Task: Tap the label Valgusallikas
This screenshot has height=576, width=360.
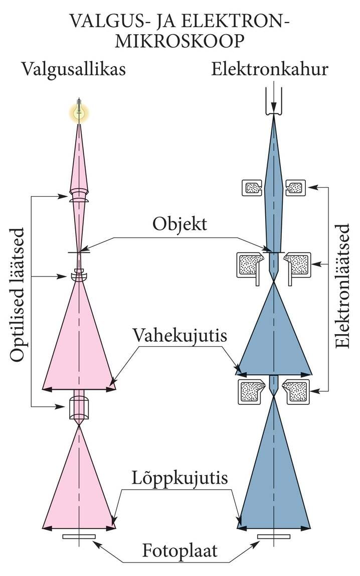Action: pos(73,69)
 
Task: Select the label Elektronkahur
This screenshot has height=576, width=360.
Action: pos(269,69)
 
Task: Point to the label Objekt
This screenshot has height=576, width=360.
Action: pos(179,223)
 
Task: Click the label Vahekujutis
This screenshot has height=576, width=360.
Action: pos(179,335)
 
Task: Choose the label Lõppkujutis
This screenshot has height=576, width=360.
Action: pos(179,478)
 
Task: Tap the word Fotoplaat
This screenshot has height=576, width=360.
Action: pos(179,550)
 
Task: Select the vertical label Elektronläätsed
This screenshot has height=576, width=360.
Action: pos(343,286)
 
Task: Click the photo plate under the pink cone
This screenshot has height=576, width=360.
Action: pos(79,537)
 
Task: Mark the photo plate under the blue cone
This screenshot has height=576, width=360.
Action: pos(274,537)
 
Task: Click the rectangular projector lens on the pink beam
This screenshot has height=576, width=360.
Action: pos(79,407)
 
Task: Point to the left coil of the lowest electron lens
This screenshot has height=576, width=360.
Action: pos(252,391)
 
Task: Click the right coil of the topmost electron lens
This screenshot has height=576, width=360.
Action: pos(295,188)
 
